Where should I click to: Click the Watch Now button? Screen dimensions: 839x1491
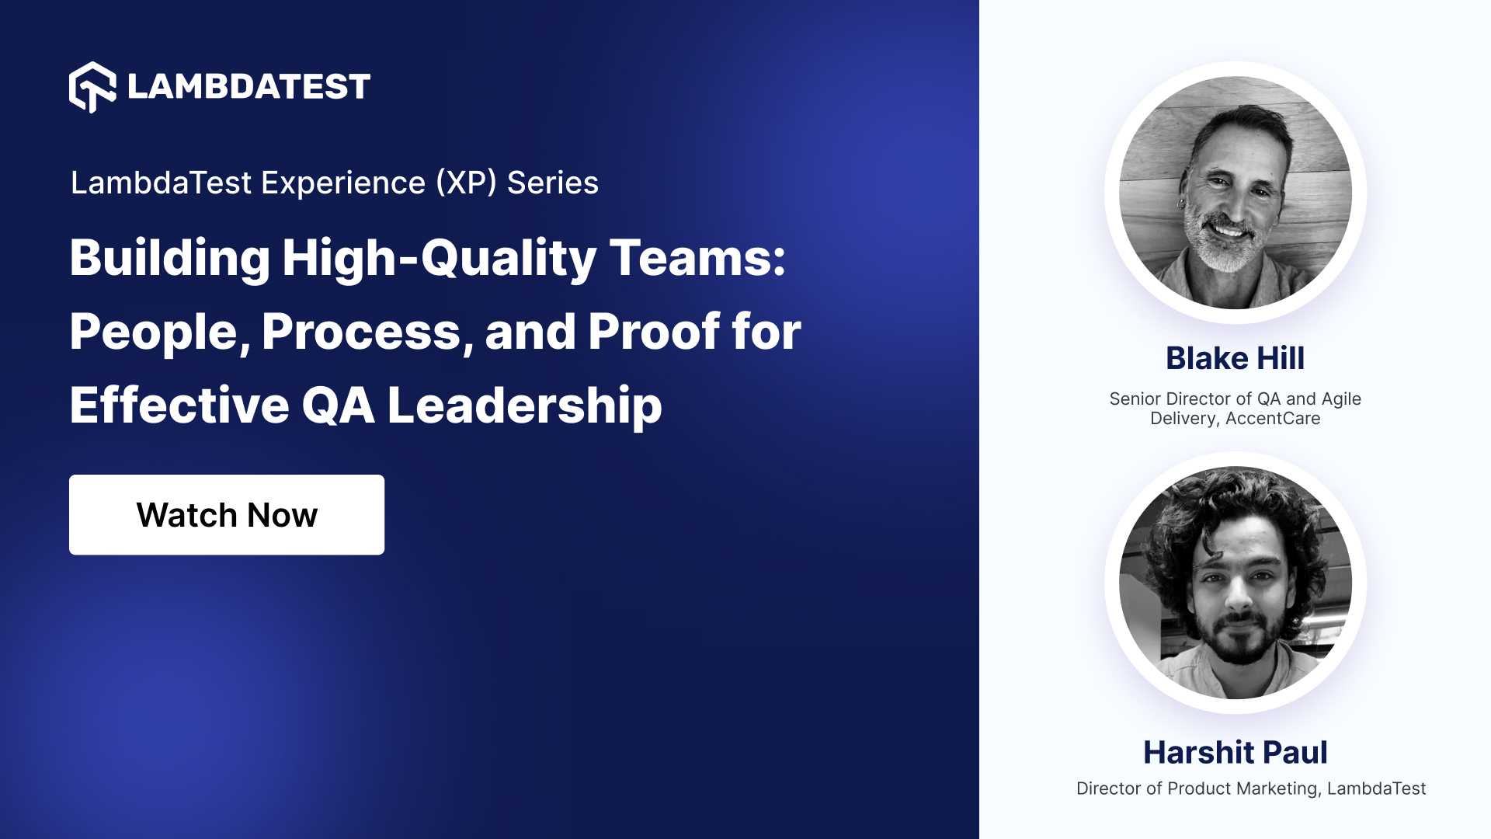[227, 515]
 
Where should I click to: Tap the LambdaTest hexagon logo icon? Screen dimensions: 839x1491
[92, 87]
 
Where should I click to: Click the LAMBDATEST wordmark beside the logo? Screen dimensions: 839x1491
[248, 87]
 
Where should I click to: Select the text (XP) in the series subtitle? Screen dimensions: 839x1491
[466, 183]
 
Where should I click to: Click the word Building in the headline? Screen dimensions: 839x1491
[170, 258]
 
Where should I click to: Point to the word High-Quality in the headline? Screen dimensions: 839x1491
[440, 258]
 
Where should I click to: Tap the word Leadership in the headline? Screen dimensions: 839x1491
[524, 406]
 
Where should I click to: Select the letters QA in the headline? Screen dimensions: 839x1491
[338, 406]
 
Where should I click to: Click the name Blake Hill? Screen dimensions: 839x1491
[1235, 358]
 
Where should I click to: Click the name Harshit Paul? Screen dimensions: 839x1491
[1235, 752]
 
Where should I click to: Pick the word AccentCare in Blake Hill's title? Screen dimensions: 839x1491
[1273, 419]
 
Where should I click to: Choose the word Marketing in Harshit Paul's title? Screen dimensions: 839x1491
[1277, 789]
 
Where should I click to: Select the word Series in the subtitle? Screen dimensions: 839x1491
[553, 183]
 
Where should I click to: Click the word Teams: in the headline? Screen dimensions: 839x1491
[697, 258]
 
